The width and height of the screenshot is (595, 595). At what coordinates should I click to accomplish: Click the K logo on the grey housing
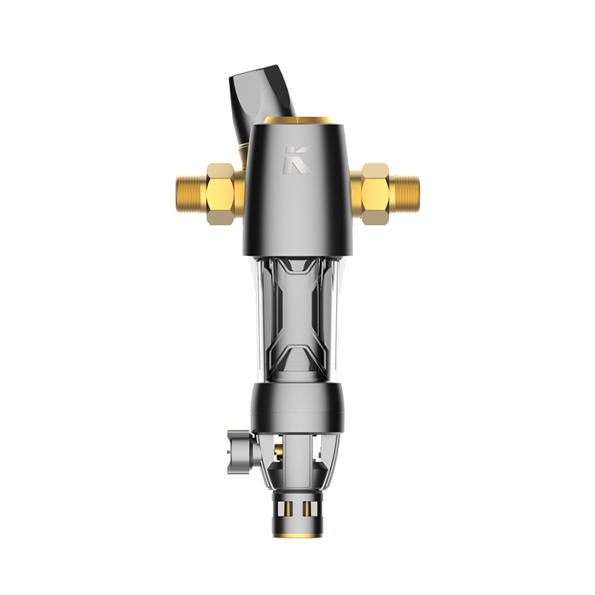coord(297,160)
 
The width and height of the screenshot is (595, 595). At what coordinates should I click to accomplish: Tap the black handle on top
coord(263,100)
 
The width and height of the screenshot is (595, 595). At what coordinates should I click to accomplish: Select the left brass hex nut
coord(220,194)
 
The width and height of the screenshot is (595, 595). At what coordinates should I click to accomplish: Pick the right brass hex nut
coord(376,194)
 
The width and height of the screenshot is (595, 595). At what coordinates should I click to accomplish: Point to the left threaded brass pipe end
coord(191,194)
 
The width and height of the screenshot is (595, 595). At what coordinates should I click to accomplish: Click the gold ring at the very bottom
coord(298,535)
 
